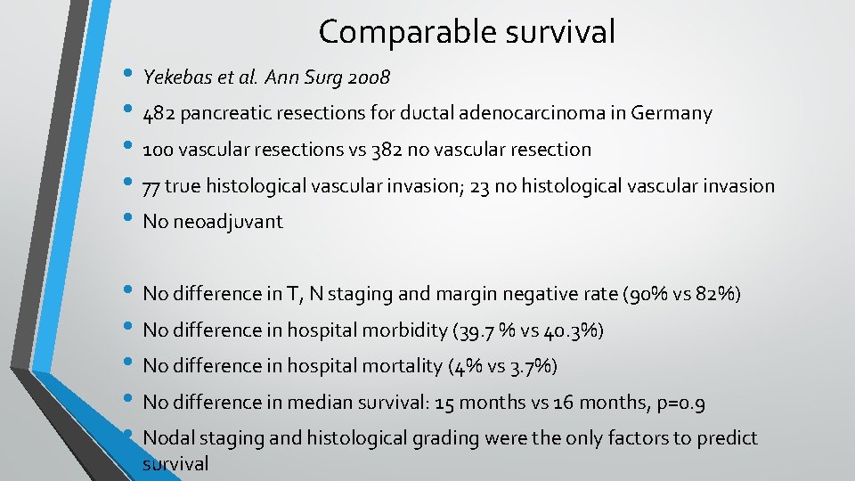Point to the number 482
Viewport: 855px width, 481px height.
pos(158,114)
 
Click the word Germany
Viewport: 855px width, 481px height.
pos(672,114)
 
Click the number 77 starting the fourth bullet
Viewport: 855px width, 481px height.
pos(151,186)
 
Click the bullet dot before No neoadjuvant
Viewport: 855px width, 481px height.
pos(126,222)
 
